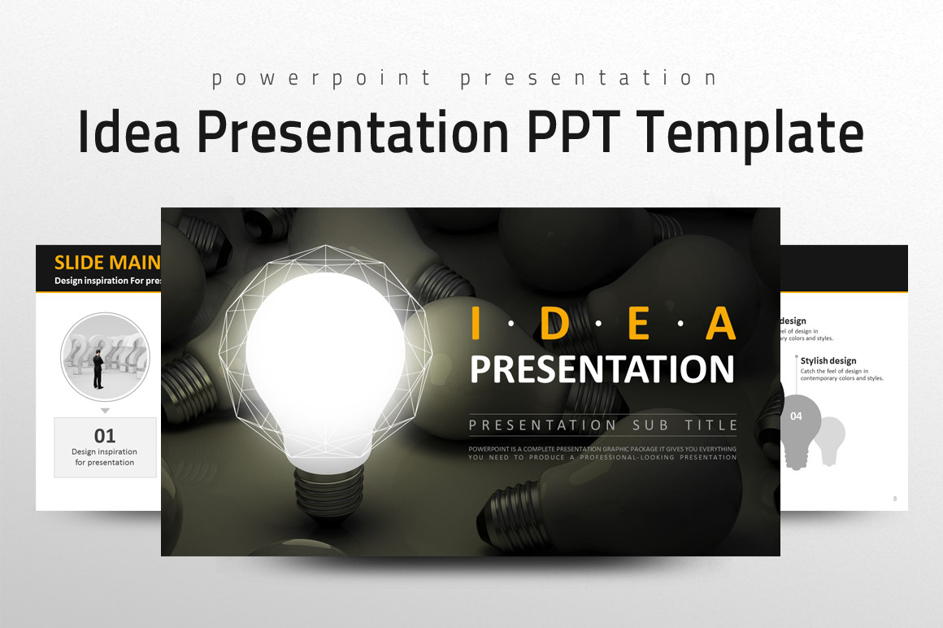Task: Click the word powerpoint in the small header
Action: tap(322, 78)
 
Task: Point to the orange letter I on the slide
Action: tap(477, 325)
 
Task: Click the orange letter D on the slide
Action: tap(553, 325)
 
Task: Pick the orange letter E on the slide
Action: tap(639, 325)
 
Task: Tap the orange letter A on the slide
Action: tap(720, 325)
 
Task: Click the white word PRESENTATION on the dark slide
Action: tap(602, 369)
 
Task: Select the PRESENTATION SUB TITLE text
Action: tap(602, 425)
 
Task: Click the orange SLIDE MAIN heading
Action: tap(106, 263)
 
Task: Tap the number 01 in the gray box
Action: tap(105, 435)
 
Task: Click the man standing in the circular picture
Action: tap(98, 369)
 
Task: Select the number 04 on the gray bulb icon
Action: tap(796, 416)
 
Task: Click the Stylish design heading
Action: tap(828, 360)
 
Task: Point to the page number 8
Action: tap(895, 499)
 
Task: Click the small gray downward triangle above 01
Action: tap(105, 411)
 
